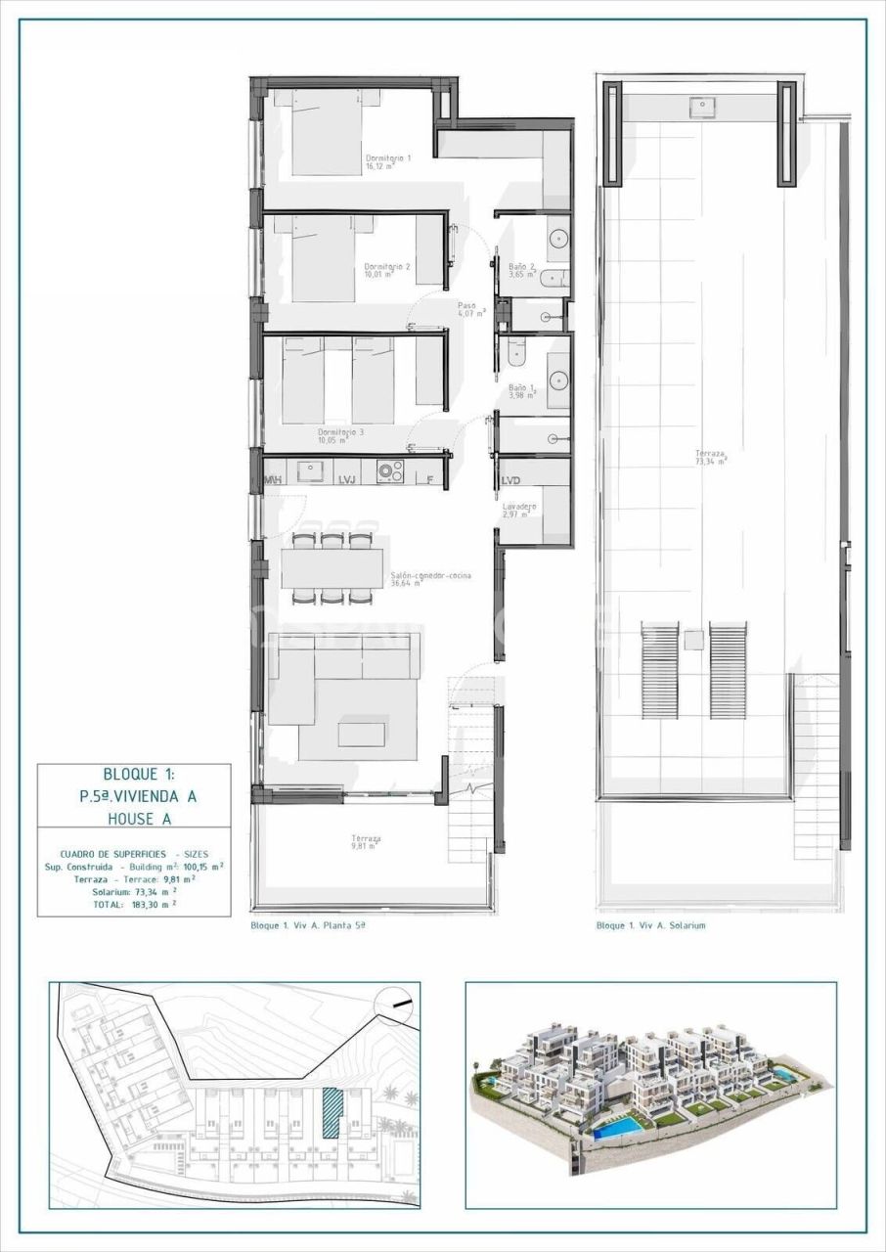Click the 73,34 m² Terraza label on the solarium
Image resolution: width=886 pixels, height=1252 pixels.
coord(710,457)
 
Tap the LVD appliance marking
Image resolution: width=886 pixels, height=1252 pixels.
coord(510,481)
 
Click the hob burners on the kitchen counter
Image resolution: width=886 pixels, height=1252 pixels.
coord(390,472)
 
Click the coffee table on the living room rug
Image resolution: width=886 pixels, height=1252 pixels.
coord(361,734)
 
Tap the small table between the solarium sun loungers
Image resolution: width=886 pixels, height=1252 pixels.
coord(693,641)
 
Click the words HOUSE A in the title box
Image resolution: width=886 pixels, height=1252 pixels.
coord(137,818)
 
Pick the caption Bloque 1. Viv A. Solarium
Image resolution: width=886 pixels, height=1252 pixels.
coord(650,924)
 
